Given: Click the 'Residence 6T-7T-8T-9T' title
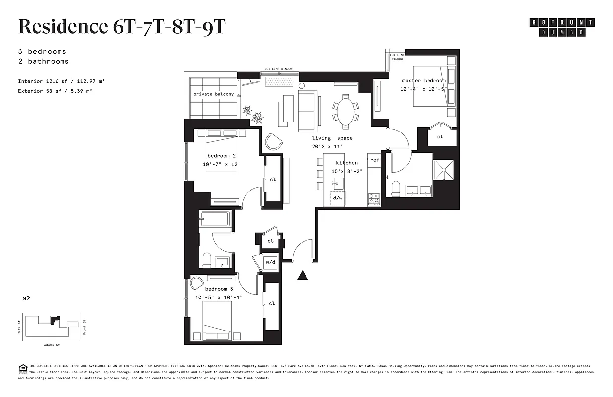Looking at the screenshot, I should pos(122,27).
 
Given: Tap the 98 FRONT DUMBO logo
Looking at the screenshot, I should pos(562,27).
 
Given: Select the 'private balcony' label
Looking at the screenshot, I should pos(213,94).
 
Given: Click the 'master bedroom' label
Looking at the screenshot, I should pos(424,81).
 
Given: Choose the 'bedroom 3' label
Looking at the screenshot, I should pos(219,289).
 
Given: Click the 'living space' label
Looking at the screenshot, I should pos(332,138).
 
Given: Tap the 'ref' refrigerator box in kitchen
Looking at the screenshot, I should pos(374,160).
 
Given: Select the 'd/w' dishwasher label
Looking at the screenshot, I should pos(338,198).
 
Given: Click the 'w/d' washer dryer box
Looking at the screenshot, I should pos(270,262).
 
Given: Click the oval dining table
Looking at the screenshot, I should pos(346,111).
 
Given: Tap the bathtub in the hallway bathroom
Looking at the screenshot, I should pos(215,219).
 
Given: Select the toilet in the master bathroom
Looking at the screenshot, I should pos(396,188).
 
